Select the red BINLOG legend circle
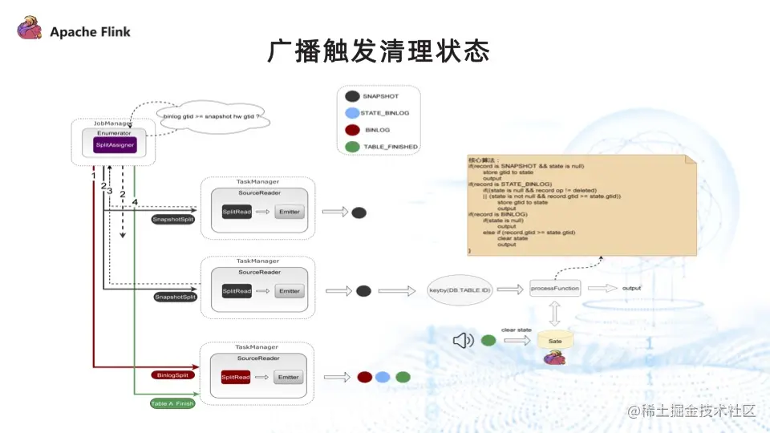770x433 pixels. (x=351, y=129)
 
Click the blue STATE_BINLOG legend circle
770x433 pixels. (x=351, y=113)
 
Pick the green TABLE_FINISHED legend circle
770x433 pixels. (x=351, y=146)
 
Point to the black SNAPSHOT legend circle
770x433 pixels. (x=351, y=96)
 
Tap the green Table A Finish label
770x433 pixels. (x=172, y=403)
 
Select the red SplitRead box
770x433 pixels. (x=236, y=377)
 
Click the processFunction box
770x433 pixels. (x=555, y=289)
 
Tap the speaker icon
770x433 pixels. (x=463, y=341)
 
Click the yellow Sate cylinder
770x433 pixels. (x=555, y=339)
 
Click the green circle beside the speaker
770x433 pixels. (x=488, y=341)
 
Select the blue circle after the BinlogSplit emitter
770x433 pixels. (x=383, y=377)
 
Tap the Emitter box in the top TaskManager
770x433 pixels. (x=290, y=212)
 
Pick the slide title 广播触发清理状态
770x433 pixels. (x=379, y=53)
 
